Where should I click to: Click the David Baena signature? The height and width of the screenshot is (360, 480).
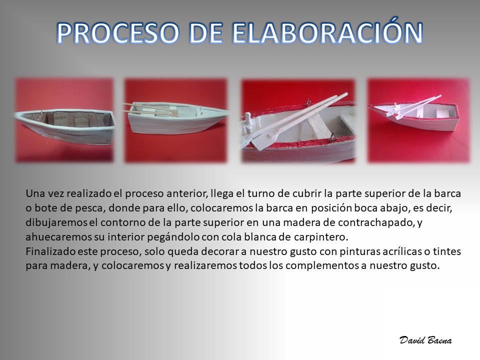coord(425,340)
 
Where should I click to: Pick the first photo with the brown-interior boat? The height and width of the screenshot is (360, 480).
coord(64,120)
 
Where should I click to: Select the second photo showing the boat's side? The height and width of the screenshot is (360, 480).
coord(175,120)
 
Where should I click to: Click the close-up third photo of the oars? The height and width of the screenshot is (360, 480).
coord(298,121)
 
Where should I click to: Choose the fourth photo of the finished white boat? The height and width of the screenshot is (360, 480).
coord(418,120)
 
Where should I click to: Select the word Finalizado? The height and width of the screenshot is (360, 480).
coord(50,251)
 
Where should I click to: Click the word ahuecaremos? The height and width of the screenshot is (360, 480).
coord(59,237)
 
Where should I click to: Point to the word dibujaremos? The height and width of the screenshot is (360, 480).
coord(56,222)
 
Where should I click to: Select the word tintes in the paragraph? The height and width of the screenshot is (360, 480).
coord(446,251)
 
